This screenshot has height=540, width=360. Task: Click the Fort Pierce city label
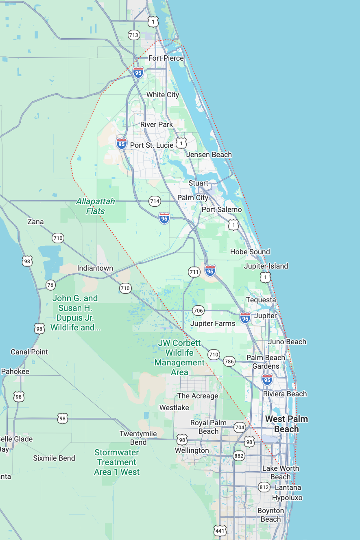click(166, 58)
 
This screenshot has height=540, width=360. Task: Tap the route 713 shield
click(134, 35)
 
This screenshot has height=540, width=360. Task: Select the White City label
click(163, 95)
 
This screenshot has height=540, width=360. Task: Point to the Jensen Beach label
click(209, 155)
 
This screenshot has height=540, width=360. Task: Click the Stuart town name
click(198, 183)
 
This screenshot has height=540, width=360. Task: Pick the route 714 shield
click(155, 201)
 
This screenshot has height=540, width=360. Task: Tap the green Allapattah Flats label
click(96, 206)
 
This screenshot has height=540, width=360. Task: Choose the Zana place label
click(35, 222)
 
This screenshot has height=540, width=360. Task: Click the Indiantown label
click(95, 268)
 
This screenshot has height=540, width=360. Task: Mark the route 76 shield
click(50, 285)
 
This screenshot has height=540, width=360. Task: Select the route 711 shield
click(194, 272)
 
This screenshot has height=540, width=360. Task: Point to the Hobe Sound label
click(250, 252)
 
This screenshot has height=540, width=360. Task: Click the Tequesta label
click(261, 300)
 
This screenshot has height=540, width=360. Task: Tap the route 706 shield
click(198, 311)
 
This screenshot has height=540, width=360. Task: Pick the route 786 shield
click(229, 361)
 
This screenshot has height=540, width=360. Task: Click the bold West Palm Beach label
click(287, 424)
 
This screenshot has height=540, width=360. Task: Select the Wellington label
click(192, 450)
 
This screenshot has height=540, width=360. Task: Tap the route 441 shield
click(220, 530)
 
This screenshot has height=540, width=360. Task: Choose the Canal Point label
click(29, 352)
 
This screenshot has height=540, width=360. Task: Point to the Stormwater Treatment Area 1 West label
click(117, 462)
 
